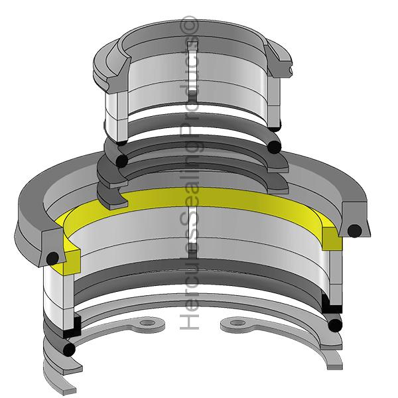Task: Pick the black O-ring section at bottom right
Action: pyautogui.click(x=335, y=325)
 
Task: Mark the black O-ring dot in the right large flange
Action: pyautogui.click(x=355, y=231)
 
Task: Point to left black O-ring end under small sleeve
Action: pyautogui.click(x=121, y=161)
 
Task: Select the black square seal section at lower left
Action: pyautogui.click(x=72, y=326)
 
